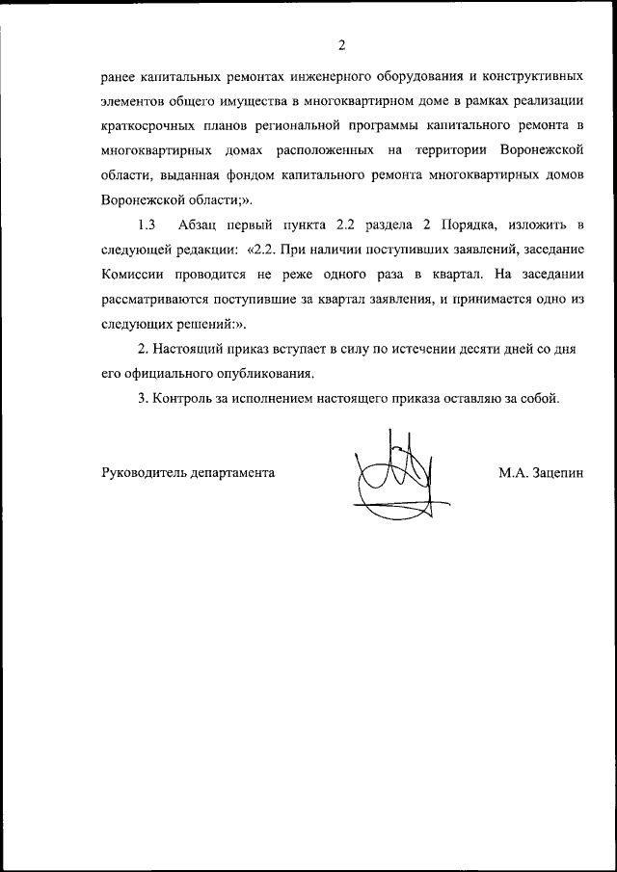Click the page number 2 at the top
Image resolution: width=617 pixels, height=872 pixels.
point(341,43)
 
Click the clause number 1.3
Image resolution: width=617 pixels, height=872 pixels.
point(148,225)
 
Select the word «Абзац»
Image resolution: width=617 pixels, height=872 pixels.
point(199,225)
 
